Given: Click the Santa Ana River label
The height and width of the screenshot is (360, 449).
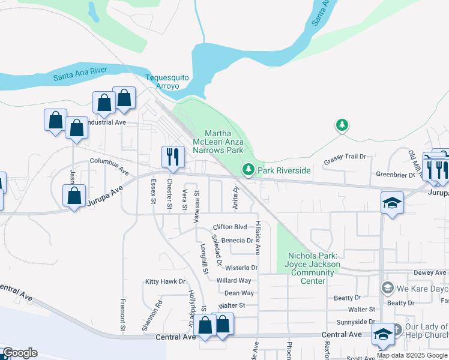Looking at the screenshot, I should (80, 73).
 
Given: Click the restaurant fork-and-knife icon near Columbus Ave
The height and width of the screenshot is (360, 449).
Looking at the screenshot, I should (172, 157).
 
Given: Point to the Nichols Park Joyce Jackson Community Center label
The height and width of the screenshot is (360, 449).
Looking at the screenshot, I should (313, 268).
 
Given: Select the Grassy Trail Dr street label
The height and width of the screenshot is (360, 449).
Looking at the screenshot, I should (345, 157).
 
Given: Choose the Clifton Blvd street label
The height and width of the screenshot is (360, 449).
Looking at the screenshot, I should (230, 227).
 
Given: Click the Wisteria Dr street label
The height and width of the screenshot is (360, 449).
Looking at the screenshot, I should (241, 268).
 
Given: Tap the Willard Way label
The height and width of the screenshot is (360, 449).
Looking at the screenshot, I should (234, 280).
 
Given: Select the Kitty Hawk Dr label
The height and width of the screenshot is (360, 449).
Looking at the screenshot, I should (165, 281).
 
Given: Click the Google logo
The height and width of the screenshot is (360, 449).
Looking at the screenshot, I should (20, 353).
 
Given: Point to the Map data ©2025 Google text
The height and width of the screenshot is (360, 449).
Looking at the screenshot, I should (412, 355).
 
